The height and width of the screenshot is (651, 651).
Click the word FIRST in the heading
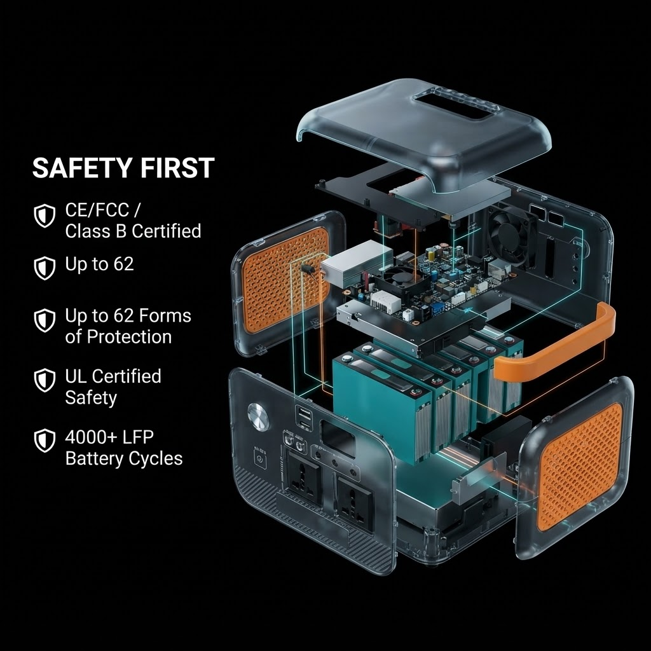[x=177, y=168]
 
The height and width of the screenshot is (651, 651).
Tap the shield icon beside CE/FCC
[x=45, y=216]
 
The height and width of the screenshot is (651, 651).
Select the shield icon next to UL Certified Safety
[x=45, y=380]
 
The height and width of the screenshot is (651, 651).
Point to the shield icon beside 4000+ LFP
[x=45, y=441]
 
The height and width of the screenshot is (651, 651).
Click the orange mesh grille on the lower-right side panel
[x=580, y=468]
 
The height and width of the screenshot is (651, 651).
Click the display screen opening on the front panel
[x=338, y=439]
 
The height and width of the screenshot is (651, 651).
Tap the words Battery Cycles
[x=124, y=459]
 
